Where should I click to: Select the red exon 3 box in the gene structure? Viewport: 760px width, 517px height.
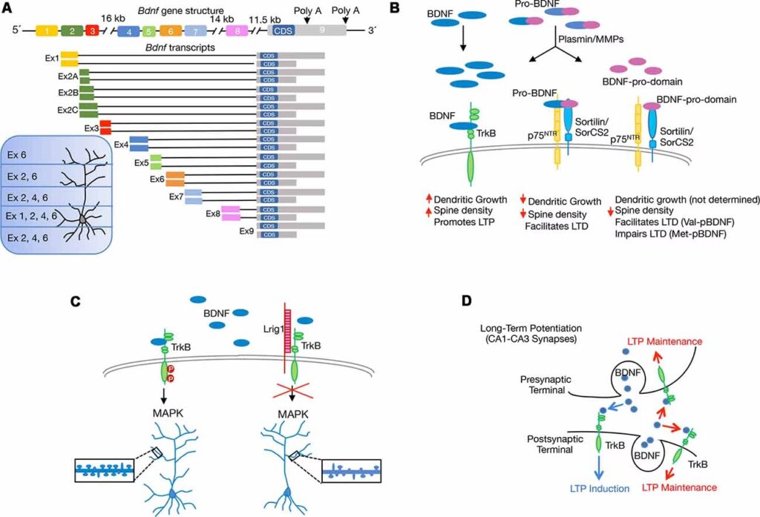(91, 31)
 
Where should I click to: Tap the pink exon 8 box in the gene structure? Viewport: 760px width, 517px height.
(237, 31)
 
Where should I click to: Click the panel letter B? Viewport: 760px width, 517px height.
(395, 8)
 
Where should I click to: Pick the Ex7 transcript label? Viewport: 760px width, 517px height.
(175, 196)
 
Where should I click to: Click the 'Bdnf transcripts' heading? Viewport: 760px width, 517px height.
(181, 48)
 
